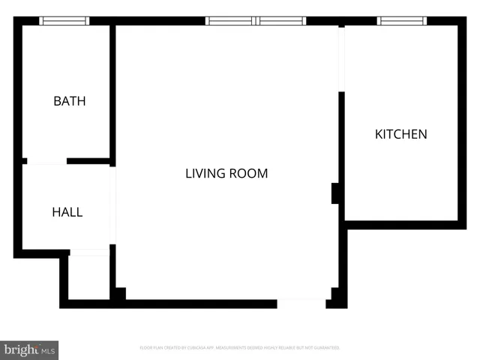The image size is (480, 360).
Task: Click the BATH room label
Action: (69, 101)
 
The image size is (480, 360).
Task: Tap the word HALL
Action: (67, 212)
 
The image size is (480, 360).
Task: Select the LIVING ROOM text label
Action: (226, 173)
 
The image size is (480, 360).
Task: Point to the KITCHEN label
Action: (400, 134)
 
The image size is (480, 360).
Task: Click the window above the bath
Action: (64, 21)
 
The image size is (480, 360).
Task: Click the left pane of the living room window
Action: (231, 21)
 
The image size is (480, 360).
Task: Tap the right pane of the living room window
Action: (281, 21)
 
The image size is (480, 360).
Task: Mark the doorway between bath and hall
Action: (46, 161)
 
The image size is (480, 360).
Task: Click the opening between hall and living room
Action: (112, 205)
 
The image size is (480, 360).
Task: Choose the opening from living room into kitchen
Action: (341, 60)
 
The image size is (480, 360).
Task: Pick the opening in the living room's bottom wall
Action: (301, 304)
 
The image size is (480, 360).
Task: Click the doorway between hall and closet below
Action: (89, 253)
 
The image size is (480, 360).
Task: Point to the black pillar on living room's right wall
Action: (337, 193)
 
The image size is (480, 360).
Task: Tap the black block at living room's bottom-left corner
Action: (118, 294)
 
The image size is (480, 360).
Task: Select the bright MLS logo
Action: (29, 349)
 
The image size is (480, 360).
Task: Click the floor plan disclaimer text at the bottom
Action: (240, 348)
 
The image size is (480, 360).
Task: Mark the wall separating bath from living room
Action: (112, 90)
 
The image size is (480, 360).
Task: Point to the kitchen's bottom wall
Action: (401, 224)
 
